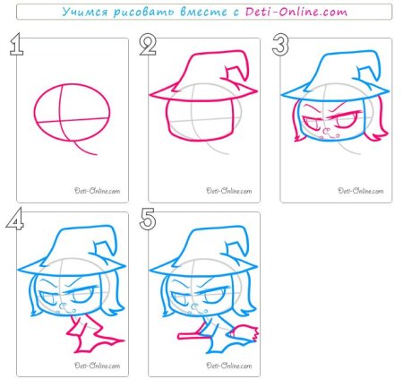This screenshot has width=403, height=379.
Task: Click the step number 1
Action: tap(16, 44)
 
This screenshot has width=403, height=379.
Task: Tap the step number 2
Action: tap(148, 45)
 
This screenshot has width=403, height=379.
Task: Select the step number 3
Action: tap(280, 45)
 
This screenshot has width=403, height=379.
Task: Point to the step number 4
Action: tap(15, 219)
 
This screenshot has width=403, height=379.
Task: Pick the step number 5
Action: tap(148, 219)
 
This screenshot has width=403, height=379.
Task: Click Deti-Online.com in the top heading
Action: tap(296, 12)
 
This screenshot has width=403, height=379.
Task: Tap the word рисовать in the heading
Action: tap(144, 13)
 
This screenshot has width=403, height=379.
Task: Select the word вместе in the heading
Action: tap(203, 13)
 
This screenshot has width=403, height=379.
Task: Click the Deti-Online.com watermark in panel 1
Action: tap(98, 191)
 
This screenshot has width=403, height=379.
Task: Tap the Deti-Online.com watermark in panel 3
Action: tap(361, 191)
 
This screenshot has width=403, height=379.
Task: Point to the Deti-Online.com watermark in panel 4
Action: tap(98, 366)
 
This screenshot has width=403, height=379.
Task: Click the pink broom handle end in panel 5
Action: tap(180, 336)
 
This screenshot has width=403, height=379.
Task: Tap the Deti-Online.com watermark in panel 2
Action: tap(229, 191)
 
